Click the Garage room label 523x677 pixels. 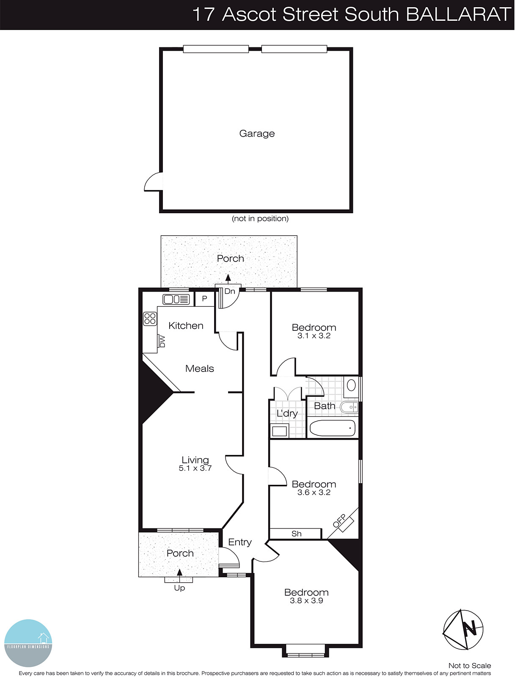point(257,134)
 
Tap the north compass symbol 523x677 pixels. point(463,630)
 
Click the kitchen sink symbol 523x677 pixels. point(176,300)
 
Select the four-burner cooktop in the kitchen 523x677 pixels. point(150,319)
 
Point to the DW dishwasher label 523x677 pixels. point(162,341)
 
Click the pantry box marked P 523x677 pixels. point(204,299)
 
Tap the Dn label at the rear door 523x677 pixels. point(230,292)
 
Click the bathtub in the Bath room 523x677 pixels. point(333,428)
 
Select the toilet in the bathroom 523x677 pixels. point(351,385)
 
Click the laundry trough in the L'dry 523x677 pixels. point(279,432)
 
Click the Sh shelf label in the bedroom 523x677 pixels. point(296,534)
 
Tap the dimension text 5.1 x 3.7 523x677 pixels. point(195,468)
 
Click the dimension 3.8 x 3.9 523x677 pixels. point(306,601)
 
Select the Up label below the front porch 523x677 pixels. point(179,588)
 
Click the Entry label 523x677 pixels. point(240,542)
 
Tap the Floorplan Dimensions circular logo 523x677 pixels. point(28,643)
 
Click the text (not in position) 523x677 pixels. point(260,219)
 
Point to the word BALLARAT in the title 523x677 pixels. point(458,14)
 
